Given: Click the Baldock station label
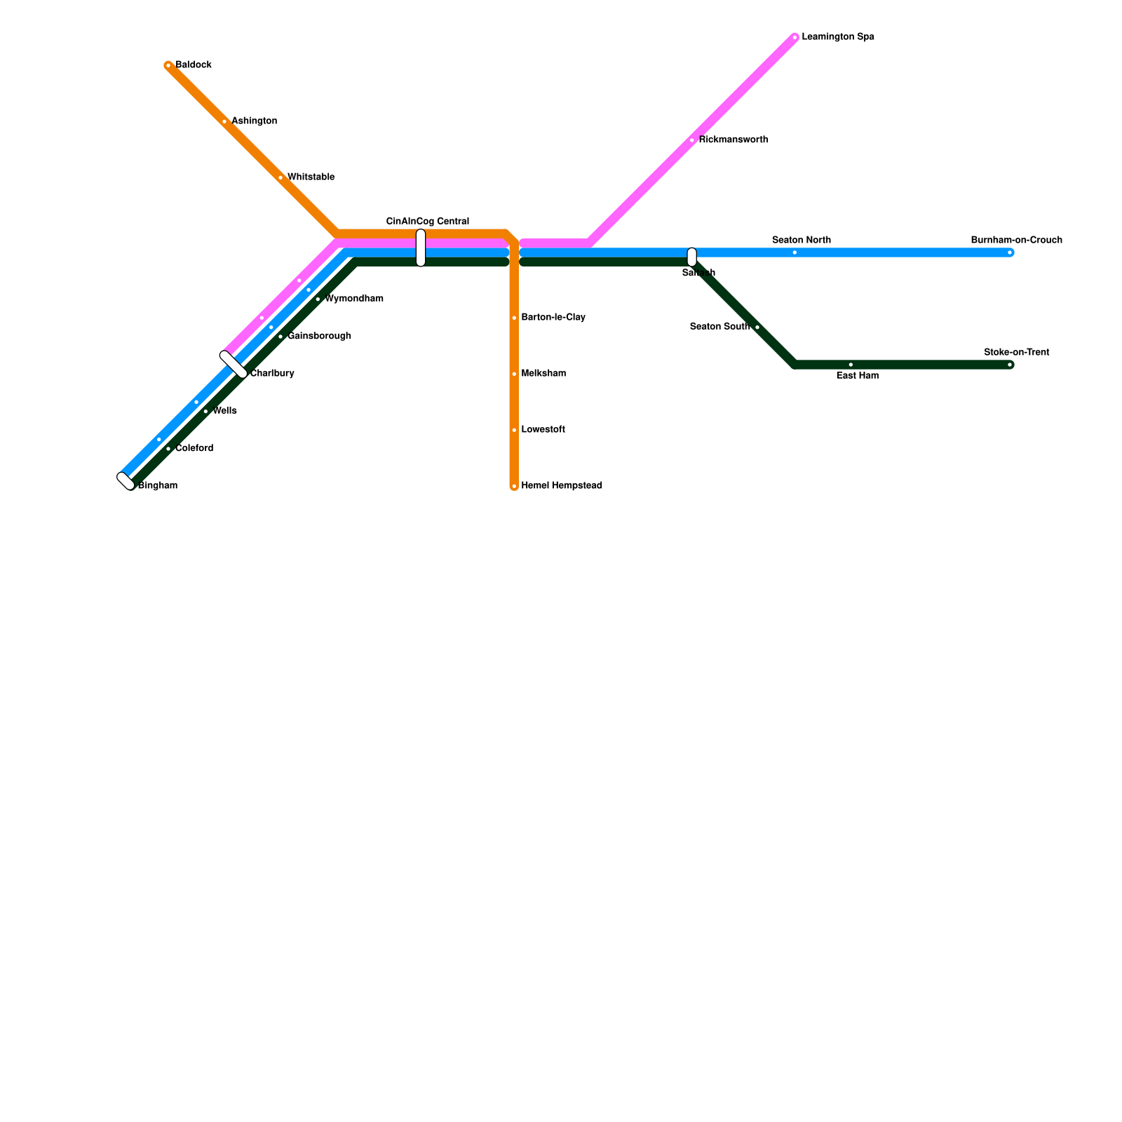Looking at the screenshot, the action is click(x=193, y=65).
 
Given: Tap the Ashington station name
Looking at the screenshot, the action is click(x=254, y=121).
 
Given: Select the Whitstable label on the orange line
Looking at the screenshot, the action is click(x=311, y=177).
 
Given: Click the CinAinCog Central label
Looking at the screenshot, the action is click(x=427, y=222).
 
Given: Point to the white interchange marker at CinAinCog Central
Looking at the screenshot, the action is click(x=421, y=248).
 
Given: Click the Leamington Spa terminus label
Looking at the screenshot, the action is click(x=837, y=37).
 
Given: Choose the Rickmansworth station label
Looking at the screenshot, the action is click(x=733, y=140).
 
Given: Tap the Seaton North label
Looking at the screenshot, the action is click(x=801, y=241).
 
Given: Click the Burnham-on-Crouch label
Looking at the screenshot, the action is click(x=1016, y=241).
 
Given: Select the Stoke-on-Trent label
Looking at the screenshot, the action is click(x=1016, y=353).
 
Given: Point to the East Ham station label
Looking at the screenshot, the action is click(x=857, y=376).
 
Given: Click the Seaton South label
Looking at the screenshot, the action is click(x=719, y=327).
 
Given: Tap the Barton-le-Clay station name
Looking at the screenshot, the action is click(x=553, y=318).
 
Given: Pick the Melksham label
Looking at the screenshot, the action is click(x=543, y=374).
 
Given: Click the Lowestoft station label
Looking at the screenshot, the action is click(x=543, y=430).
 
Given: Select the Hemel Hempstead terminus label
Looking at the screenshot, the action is click(x=561, y=486).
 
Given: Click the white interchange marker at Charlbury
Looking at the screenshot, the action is click(x=234, y=365).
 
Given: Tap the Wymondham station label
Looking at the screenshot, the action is click(x=353, y=299).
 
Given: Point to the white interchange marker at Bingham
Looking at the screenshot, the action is click(x=126, y=481).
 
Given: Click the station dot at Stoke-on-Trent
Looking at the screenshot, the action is click(x=1010, y=365).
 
